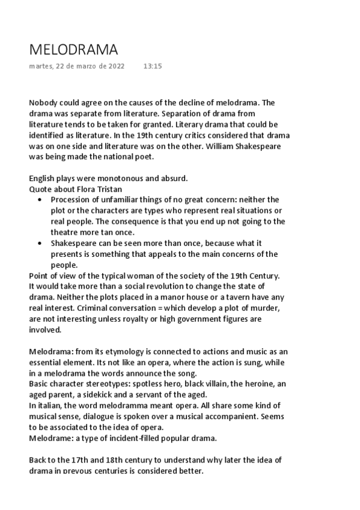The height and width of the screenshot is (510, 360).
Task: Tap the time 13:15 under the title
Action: coord(153,66)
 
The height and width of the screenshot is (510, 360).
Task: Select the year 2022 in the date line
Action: coord(115,66)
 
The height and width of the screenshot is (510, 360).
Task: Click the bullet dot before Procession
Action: coord(40,199)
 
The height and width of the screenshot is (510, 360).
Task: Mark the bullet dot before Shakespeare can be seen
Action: coord(40,243)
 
